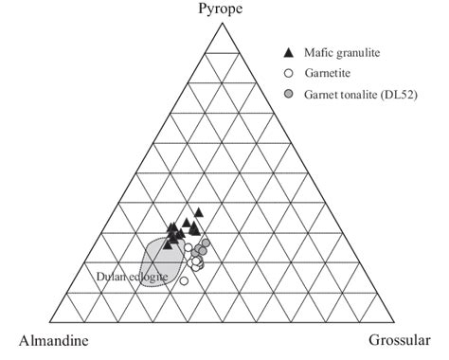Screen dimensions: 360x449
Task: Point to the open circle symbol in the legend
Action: [x=288, y=73]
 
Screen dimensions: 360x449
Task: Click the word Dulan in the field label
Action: [x=113, y=276]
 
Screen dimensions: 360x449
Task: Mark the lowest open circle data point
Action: [x=185, y=280]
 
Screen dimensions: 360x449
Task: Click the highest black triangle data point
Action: [x=199, y=213]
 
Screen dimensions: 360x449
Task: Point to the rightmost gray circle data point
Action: [x=206, y=243]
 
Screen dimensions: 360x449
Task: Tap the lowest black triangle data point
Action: [x=167, y=243]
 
